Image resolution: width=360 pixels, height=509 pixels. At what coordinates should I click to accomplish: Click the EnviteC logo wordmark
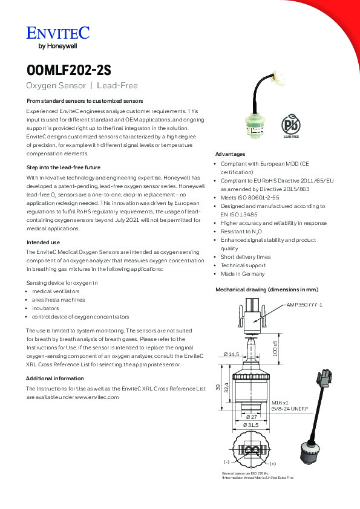[58, 33]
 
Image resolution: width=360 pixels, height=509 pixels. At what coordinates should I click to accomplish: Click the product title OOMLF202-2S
[69, 70]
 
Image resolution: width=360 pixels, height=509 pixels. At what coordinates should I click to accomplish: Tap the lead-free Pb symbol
[291, 125]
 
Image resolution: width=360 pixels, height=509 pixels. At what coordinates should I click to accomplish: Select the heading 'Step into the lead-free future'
[64, 167]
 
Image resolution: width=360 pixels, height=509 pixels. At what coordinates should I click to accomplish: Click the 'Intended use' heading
[43, 242]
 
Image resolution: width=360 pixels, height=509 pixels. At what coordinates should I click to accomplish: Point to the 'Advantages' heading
[230, 154]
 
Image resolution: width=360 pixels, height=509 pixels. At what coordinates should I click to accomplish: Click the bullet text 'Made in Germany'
[243, 274]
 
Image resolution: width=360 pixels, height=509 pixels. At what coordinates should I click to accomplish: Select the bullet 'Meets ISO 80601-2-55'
[250, 198]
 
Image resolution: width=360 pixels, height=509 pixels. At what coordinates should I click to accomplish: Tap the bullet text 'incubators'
[45, 308]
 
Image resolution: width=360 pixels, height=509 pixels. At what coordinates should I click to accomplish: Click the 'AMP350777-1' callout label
[304, 305]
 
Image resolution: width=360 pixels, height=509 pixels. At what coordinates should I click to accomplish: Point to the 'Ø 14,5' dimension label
[231, 354]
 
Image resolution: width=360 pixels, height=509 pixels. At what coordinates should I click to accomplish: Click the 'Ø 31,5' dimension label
[251, 425]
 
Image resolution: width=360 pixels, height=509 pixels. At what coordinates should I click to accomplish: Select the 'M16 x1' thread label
[280, 403]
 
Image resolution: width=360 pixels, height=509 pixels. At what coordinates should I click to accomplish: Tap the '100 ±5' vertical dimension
[275, 348]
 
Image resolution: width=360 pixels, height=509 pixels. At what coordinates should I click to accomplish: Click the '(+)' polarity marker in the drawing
[273, 464]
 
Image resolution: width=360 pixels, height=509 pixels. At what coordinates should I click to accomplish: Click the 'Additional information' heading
[55, 378]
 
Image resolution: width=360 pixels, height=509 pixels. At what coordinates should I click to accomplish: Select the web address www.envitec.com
[97, 397]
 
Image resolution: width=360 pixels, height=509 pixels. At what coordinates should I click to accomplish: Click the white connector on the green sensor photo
[279, 77]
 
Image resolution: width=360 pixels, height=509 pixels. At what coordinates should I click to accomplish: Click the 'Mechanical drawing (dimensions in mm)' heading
[267, 290]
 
